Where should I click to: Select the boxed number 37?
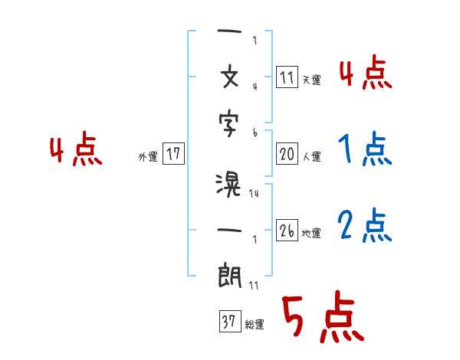coord(229,322)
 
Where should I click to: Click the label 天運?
coord(311,80)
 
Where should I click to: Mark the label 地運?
coord(311,233)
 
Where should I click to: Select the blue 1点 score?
coord(366,149)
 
